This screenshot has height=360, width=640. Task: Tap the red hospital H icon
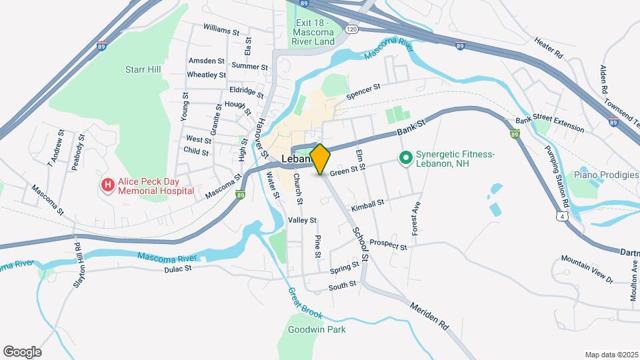pyautogui.click(x=107, y=185)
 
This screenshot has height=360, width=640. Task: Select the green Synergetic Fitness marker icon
pyautogui.click(x=405, y=159)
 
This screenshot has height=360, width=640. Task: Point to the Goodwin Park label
pyautogui.click(x=317, y=329)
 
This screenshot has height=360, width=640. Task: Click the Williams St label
pyautogui.click(x=221, y=31)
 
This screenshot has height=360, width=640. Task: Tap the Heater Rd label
pyautogui.click(x=549, y=47)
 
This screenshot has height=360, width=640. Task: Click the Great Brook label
pyautogui.click(x=305, y=303)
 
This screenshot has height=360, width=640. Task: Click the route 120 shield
pyautogui.click(x=352, y=29)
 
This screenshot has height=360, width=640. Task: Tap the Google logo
pyautogui.click(x=22, y=352)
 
